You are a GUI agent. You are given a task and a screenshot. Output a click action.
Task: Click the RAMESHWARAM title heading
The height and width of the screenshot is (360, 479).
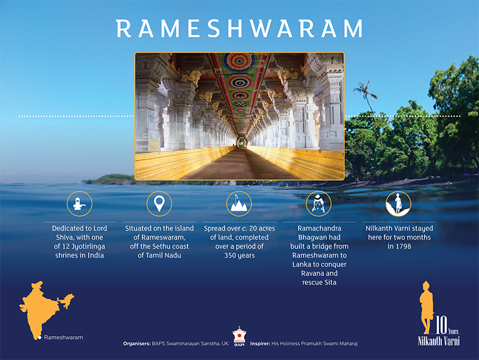239,28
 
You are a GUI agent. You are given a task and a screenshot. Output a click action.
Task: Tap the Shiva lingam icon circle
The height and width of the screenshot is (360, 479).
80,204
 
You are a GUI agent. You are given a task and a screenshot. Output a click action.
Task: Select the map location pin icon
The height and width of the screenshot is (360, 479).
159,204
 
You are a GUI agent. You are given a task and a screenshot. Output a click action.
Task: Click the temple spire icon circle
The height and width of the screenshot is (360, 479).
239,204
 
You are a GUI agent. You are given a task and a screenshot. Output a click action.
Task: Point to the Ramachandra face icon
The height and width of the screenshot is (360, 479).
319,204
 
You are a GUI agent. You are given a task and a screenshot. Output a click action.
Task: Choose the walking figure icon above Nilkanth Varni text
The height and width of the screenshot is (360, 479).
398,204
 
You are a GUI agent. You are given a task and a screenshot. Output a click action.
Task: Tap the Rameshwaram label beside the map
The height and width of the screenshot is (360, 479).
63,337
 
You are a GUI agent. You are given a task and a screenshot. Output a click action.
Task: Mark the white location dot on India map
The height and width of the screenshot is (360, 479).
40,337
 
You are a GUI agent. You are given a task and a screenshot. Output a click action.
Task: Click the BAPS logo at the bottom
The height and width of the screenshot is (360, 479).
239,337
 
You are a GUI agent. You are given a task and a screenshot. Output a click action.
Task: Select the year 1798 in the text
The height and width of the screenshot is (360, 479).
404,246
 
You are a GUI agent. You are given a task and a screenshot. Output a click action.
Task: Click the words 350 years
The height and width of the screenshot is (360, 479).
239,256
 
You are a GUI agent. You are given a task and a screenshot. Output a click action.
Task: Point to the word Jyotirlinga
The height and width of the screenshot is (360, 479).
88,247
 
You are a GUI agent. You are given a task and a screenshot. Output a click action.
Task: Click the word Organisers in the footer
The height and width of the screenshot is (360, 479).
137,343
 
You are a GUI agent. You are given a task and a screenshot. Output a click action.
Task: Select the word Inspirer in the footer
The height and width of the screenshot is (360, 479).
260,343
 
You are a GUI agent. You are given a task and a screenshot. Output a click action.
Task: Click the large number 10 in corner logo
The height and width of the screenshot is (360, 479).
441,325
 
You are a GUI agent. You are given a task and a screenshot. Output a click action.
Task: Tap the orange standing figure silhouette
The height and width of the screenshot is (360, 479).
427,307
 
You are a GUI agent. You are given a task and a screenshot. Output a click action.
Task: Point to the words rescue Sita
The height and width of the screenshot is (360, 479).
319,282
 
